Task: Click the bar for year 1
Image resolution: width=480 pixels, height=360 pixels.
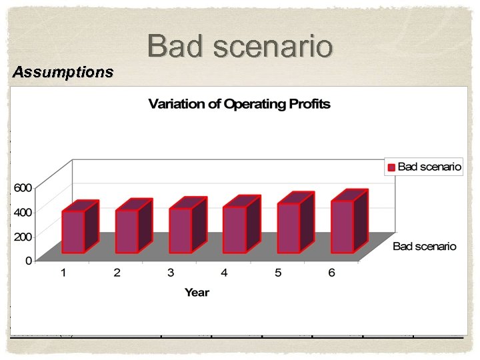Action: (x=73, y=231)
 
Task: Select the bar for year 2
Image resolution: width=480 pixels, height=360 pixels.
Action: (x=127, y=231)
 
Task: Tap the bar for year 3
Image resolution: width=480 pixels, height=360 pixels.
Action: (x=181, y=230)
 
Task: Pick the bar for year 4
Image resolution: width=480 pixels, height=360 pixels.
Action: (x=235, y=229)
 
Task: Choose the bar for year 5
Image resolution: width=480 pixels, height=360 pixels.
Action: (x=289, y=227)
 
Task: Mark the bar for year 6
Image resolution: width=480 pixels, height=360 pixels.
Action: (x=343, y=226)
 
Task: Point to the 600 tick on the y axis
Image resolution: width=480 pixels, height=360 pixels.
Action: (x=23, y=188)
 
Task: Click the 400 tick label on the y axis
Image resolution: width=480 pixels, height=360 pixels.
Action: (x=23, y=212)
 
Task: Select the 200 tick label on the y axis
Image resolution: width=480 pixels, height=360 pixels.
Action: (x=23, y=237)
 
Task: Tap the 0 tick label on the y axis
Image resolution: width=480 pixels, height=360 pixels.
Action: (x=29, y=261)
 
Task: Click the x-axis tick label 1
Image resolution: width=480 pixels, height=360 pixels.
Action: (x=63, y=273)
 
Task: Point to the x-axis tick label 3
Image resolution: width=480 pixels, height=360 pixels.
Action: (x=171, y=273)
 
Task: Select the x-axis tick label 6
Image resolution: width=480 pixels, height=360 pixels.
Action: (x=331, y=273)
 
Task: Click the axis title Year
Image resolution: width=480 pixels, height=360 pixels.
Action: (x=197, y=292)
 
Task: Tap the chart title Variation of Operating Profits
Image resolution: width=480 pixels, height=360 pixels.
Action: (x=239, y=104)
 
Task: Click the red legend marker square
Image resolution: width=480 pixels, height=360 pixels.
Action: (x=391, y=167)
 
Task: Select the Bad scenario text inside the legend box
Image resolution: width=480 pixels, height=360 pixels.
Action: (x=429, y=167)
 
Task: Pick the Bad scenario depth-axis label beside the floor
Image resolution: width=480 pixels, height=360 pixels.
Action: (x=425, y=247)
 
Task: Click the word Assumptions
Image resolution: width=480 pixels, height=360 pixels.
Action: (x=63, y=72)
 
